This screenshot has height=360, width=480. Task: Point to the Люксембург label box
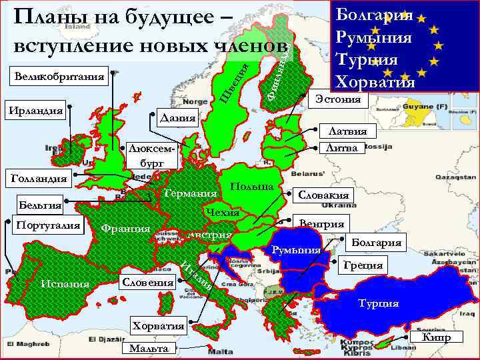click(x=151, y=155)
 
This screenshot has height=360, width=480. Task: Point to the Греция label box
click(x=363, y=265)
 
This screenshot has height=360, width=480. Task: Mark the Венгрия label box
click(x=321, y=224)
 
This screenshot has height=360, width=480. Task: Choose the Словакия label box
click(x=323, y=195)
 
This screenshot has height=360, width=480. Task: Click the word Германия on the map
click(x=190, y=193)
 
